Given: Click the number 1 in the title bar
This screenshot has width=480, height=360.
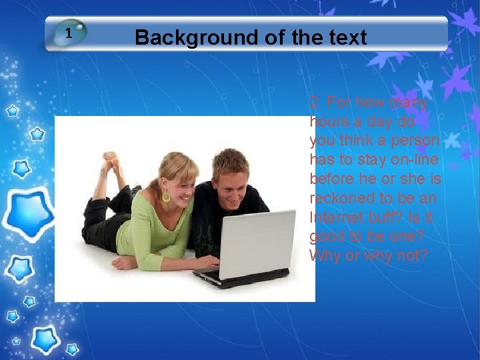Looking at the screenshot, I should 69,33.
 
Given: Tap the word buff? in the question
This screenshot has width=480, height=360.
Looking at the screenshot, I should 387,217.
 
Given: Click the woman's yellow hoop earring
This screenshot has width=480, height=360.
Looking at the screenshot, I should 166,197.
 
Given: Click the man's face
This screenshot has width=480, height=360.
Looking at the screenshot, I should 234,179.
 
